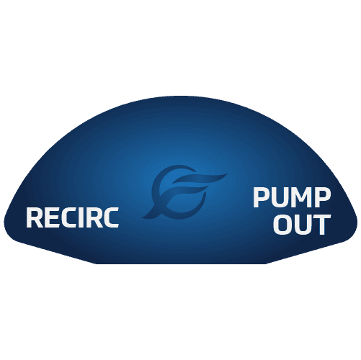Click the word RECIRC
73,217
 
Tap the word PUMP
292,197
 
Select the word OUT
303,225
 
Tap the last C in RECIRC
111,217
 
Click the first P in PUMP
261,197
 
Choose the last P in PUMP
323,197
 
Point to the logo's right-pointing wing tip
227,174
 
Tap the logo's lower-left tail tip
142,217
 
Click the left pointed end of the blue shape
4,222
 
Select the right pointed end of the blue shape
357,222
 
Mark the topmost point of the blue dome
180,96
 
